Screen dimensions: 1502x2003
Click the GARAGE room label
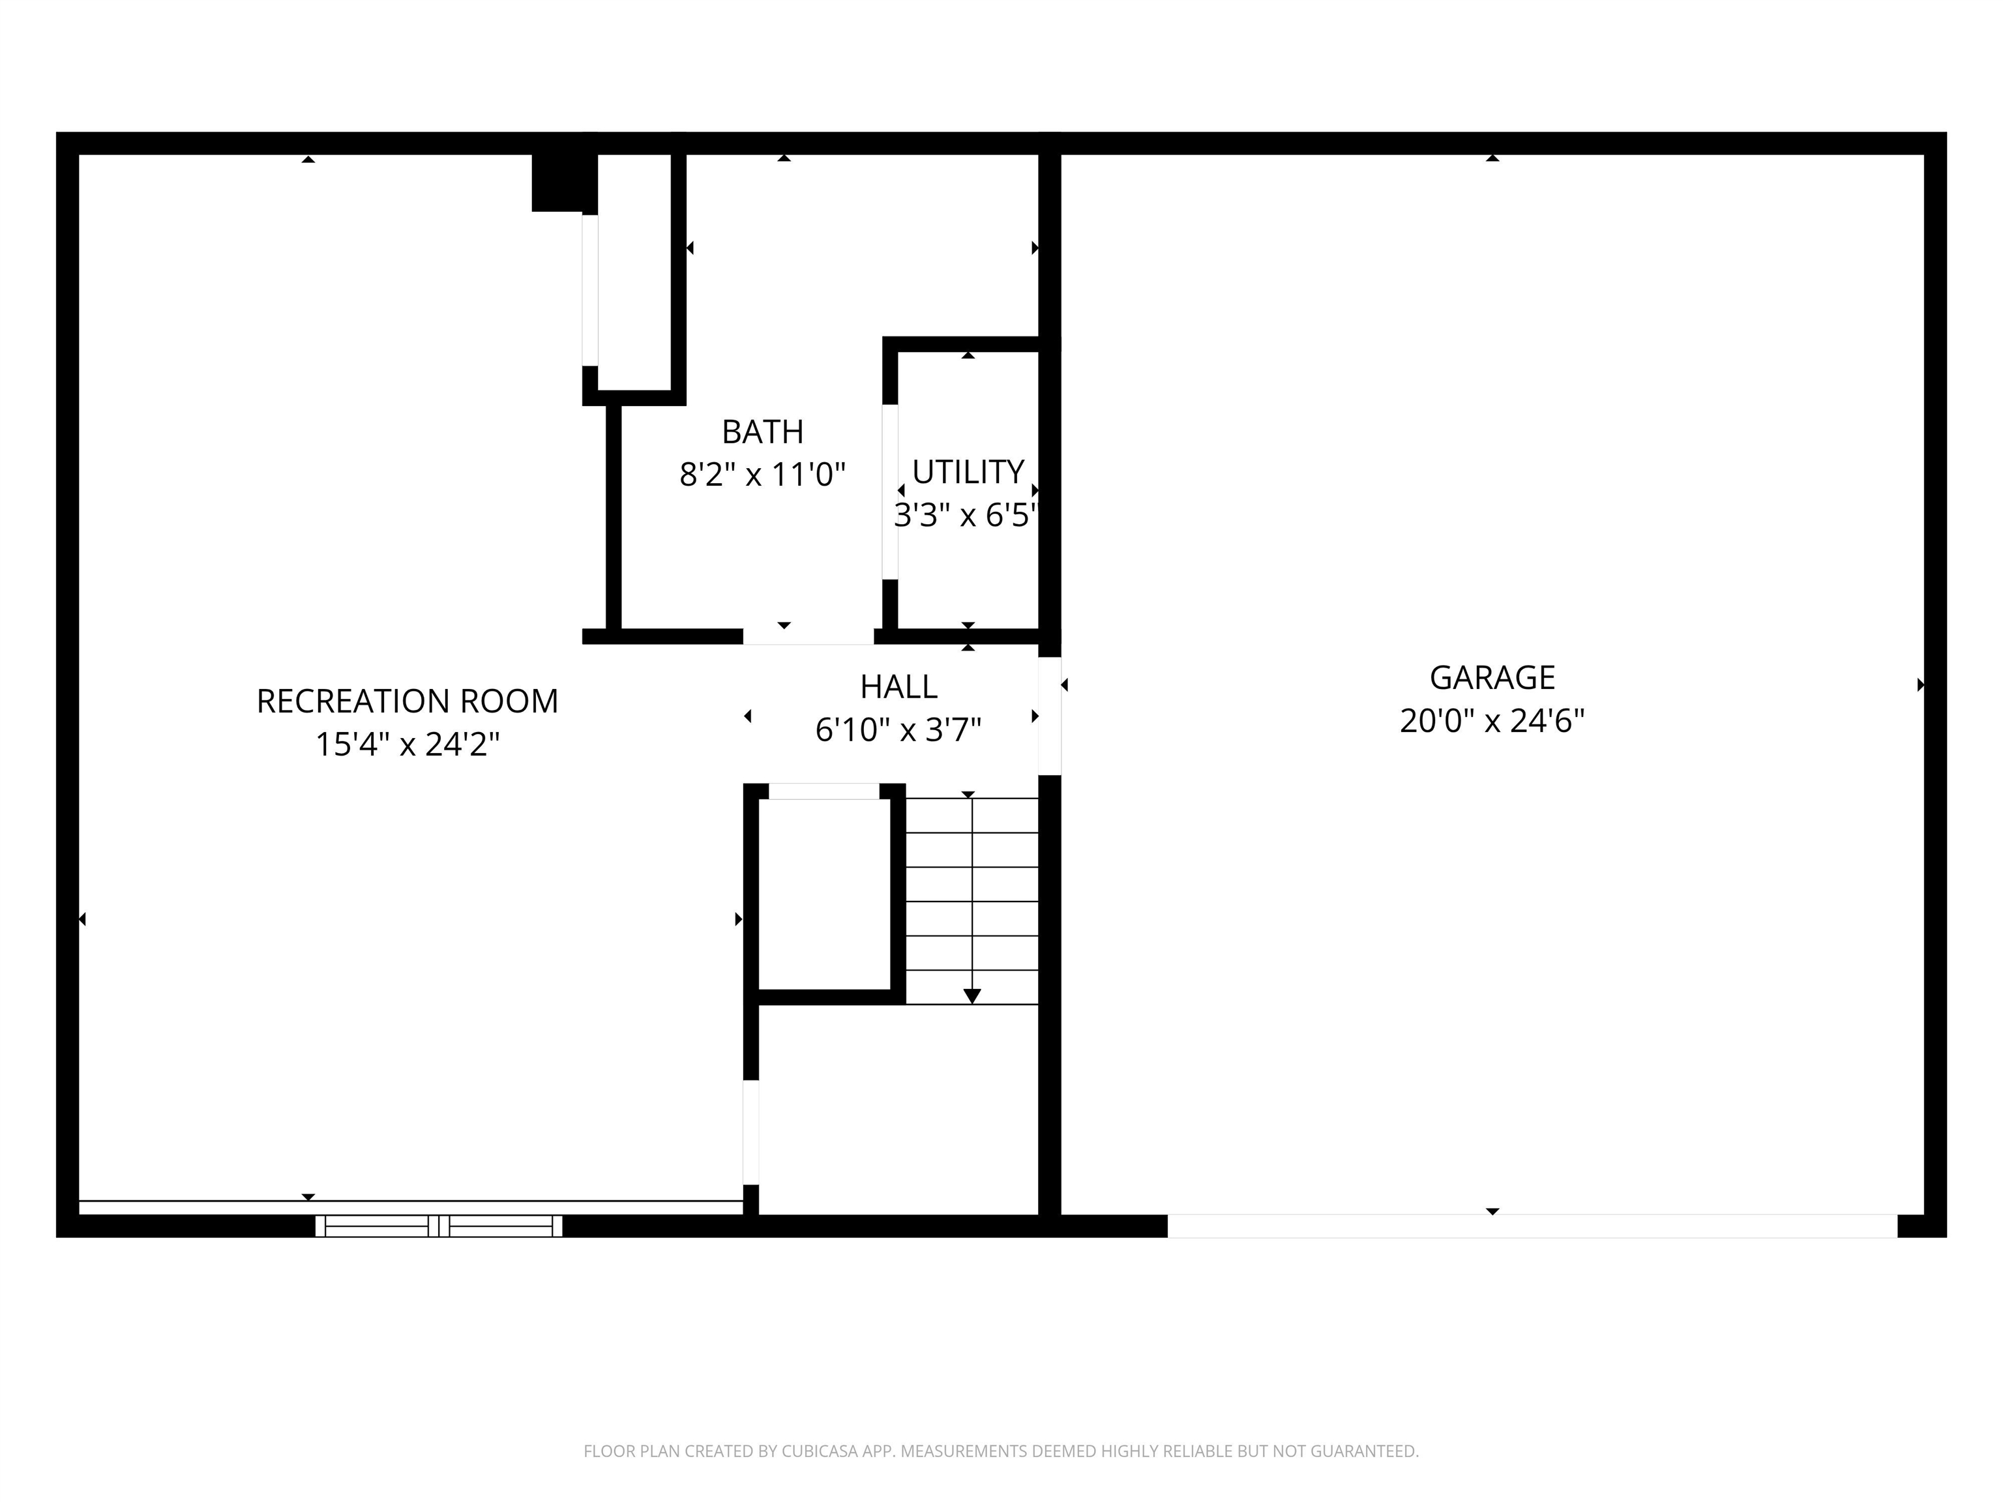tap(1491, 677)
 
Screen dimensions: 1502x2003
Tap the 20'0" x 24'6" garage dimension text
tap(1491, 720)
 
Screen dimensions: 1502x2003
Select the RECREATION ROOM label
tap(407, 701)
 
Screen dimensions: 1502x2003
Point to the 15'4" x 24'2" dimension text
tap(407, 744)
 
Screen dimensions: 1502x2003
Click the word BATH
tap(762, 432)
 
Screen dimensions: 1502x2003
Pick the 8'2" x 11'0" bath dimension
tap(762, 475)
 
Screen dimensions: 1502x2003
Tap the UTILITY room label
tap(967, 472)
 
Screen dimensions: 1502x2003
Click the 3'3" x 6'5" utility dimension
tap(965, 515)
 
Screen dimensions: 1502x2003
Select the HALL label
tap(898, 687)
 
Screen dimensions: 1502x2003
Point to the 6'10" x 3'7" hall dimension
tap(898, 729)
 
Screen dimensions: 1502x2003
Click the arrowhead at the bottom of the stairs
tap(972, 996)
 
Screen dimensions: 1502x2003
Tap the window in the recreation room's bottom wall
tap(438, 1226)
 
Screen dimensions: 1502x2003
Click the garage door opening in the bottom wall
tap(1532, 1226)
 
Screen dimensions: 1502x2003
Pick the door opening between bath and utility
tap(890, 491)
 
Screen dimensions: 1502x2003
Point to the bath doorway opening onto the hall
tap(808, 636)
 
